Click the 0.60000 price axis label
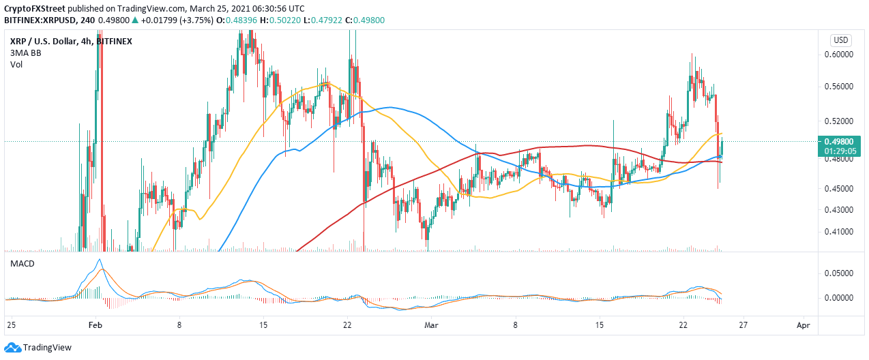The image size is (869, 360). pyautogui.click(x=842, y=54)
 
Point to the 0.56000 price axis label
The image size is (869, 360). pyautogui.click(x=842, y=87)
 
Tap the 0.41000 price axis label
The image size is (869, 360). pyautogui.click(x=842, y=232)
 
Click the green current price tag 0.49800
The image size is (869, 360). pyautogui.click(x=842, y=142)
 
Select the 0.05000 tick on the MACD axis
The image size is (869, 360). pyautogui.click(x=842, y=273)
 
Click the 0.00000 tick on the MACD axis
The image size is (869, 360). pyautogui.click(x=842, y=298)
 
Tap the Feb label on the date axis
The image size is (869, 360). pyautogui.click(x=95, y=326)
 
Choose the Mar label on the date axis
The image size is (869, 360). pyautogui.click(x=430, y=326)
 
